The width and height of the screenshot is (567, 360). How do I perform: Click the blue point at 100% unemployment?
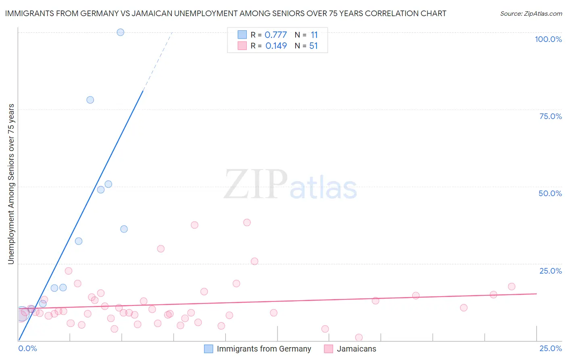coord(120,32)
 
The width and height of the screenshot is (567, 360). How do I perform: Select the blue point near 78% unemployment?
coord(90,100)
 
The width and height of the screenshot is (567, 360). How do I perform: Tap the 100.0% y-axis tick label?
coord(548,39)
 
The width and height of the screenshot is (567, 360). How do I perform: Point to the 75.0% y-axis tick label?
coord(550,116)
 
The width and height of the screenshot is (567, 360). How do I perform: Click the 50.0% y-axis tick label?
coord(550,193)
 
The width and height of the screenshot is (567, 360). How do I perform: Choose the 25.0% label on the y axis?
coord(550,270)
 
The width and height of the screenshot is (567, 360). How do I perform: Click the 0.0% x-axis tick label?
coord(28,348)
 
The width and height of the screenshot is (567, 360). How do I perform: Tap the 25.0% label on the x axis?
coord(550,348)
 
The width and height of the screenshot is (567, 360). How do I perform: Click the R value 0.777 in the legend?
coord(276,35)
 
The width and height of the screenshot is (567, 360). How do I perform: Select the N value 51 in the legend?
coord(313,46)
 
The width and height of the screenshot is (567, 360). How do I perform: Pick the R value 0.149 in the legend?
coord(276,46)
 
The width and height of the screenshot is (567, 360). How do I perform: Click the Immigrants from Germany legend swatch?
coord(208,349)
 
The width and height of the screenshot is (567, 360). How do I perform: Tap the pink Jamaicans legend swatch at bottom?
coord(329,349)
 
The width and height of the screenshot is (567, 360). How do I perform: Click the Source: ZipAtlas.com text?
coord(531,14)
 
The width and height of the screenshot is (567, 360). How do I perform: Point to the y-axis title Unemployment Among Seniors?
coord(11,184)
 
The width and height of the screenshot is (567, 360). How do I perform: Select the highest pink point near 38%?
coord(247,222)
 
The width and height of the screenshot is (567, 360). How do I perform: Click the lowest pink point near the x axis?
coord(359,337)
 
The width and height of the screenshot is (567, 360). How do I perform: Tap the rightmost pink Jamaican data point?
coord(511,287)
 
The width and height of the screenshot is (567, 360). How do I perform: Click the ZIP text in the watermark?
coord(255,185)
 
